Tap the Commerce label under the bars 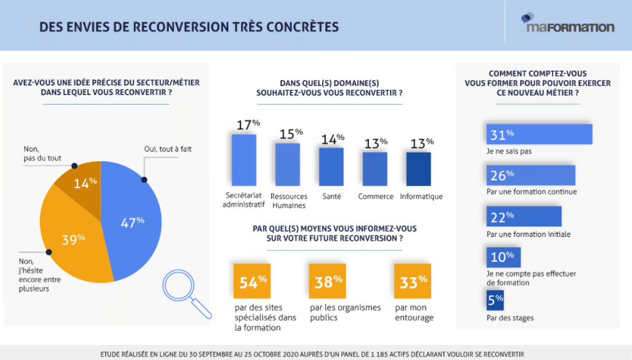(375, 196)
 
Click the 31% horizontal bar (539, 134)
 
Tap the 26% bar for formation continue (530, 175)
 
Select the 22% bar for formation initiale (524, 216)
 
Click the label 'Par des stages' (510, 318)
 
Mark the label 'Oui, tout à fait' (167, 150)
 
